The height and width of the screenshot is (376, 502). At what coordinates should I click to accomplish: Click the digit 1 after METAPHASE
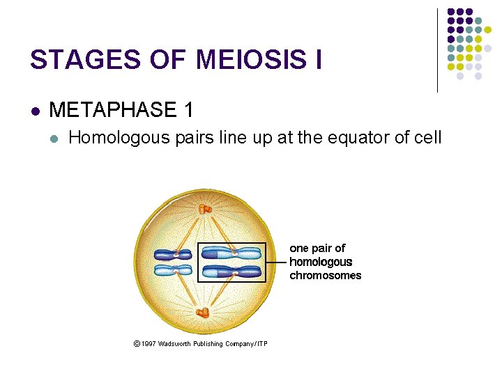186,109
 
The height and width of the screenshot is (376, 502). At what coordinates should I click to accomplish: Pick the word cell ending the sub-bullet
427,137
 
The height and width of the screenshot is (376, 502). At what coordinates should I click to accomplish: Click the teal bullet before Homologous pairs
55,138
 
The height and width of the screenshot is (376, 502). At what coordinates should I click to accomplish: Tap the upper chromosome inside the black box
232,254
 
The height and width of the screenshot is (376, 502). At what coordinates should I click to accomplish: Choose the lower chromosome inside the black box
232,271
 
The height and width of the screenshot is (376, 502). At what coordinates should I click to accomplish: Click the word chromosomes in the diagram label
326,275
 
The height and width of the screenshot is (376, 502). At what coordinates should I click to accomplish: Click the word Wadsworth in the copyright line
179,344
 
